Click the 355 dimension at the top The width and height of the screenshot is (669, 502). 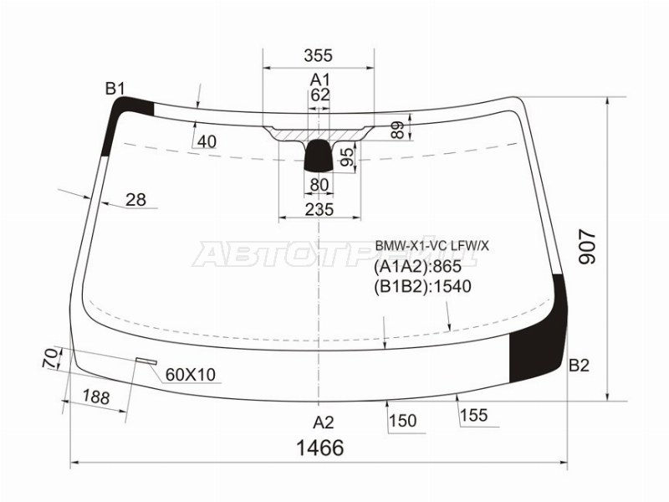point(318,55)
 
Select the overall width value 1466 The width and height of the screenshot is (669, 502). point(320,448)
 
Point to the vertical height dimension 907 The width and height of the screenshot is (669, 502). point(588,247)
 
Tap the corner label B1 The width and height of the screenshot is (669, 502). point(115,89)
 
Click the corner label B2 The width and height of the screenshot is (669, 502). point(579,366)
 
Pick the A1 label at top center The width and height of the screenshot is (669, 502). point(320,79)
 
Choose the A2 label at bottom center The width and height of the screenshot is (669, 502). point(323,423)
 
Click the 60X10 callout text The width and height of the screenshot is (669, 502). point(191,375)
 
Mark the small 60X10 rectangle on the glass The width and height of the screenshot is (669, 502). point(146,361)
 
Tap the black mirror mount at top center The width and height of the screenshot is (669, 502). point(319,155)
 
